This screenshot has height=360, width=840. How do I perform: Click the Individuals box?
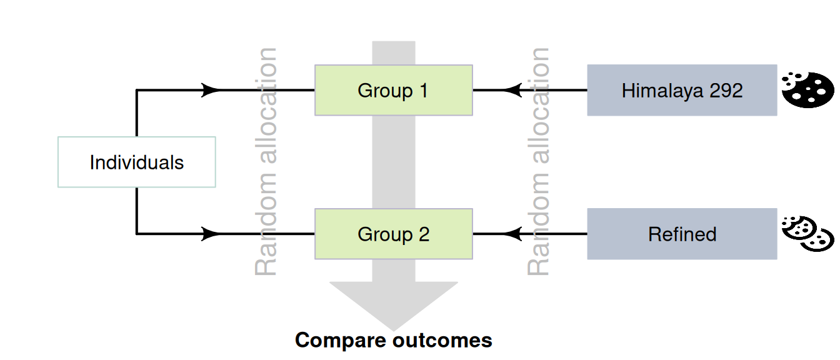[136, 162]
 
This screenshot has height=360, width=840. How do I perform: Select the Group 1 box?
[393, 90]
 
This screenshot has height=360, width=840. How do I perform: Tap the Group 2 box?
[393, 234]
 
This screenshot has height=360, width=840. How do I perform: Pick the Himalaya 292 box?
[682, 90]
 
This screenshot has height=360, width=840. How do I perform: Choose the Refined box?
[682, 234]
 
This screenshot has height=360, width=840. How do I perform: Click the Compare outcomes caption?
[393, 341]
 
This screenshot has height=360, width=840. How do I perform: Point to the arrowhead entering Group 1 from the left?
[211, 90]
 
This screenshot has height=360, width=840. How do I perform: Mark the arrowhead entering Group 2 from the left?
[211, 234]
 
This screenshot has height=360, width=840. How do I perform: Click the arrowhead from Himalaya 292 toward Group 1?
[512, 90]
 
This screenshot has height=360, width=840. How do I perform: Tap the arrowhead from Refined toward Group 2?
[512, 234]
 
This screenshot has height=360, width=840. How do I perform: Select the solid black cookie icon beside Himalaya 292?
[807, 90]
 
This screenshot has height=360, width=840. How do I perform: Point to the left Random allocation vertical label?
[267, 161]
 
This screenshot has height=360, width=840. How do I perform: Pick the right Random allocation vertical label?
[539, 161]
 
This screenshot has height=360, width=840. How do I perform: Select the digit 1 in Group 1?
[423, 91]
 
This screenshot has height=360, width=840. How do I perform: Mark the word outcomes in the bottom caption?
[442, 341]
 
